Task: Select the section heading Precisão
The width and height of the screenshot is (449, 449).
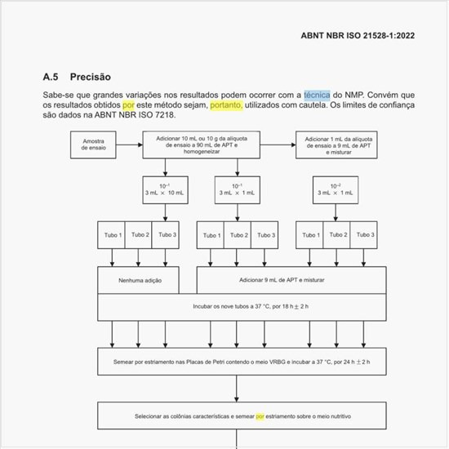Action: (90, 78)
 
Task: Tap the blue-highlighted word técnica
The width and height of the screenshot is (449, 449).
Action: (317, 95)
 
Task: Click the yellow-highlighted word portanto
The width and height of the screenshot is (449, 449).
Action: (225, 105)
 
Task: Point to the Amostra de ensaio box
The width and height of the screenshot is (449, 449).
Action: (94, 145)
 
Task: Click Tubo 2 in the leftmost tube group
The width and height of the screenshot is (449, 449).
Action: (140, 235)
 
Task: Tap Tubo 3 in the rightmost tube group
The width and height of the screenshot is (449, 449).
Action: (365, 235)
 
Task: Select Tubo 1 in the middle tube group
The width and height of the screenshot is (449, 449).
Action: (211, 235)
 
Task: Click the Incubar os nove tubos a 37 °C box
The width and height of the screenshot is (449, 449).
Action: (239, 307)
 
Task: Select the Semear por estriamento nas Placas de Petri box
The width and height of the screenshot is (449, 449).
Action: (239, 361)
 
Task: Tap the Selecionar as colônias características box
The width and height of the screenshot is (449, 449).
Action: (239, 416)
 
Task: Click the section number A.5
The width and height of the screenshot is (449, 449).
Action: (51, 78)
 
